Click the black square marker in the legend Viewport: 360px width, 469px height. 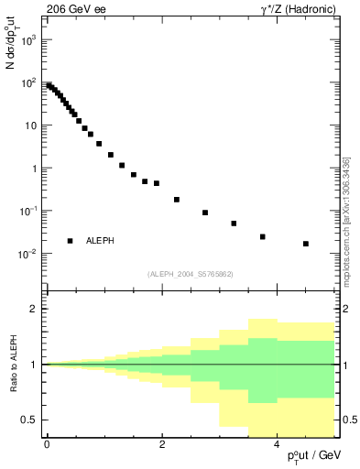(x=70, y=241)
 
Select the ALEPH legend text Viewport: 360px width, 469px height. (x=100, y=241)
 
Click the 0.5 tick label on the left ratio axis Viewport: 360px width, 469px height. (x=29, y=420)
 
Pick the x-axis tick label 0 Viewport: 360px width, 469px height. (x=47, y=445)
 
